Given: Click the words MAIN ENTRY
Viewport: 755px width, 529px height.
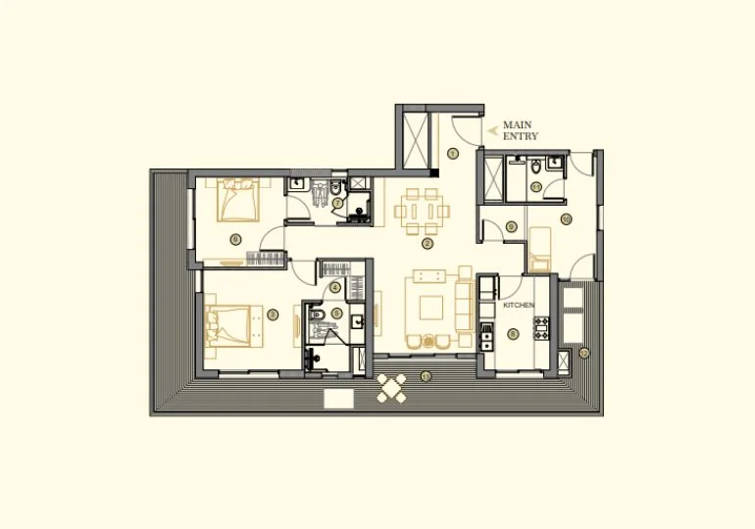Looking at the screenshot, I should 520,130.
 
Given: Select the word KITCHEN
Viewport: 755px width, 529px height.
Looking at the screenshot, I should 519,306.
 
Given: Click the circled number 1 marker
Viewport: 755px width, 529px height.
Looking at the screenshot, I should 452,153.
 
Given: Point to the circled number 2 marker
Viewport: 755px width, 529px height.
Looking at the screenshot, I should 427,244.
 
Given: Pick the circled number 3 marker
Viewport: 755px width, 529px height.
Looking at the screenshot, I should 273,314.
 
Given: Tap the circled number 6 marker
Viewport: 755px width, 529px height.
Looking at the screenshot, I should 234,239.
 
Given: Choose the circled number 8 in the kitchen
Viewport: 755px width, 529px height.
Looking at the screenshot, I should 514,333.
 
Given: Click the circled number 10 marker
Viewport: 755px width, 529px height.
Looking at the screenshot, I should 565,218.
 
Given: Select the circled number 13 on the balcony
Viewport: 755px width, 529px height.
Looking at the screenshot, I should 425,376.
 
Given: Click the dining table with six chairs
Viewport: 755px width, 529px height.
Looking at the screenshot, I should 423,210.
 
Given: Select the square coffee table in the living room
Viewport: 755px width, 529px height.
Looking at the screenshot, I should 431,308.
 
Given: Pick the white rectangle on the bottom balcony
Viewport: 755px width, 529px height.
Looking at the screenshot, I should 338,399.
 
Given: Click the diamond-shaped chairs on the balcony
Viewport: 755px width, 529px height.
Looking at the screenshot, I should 392,390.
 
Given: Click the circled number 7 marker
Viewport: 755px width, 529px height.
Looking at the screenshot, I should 336,204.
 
